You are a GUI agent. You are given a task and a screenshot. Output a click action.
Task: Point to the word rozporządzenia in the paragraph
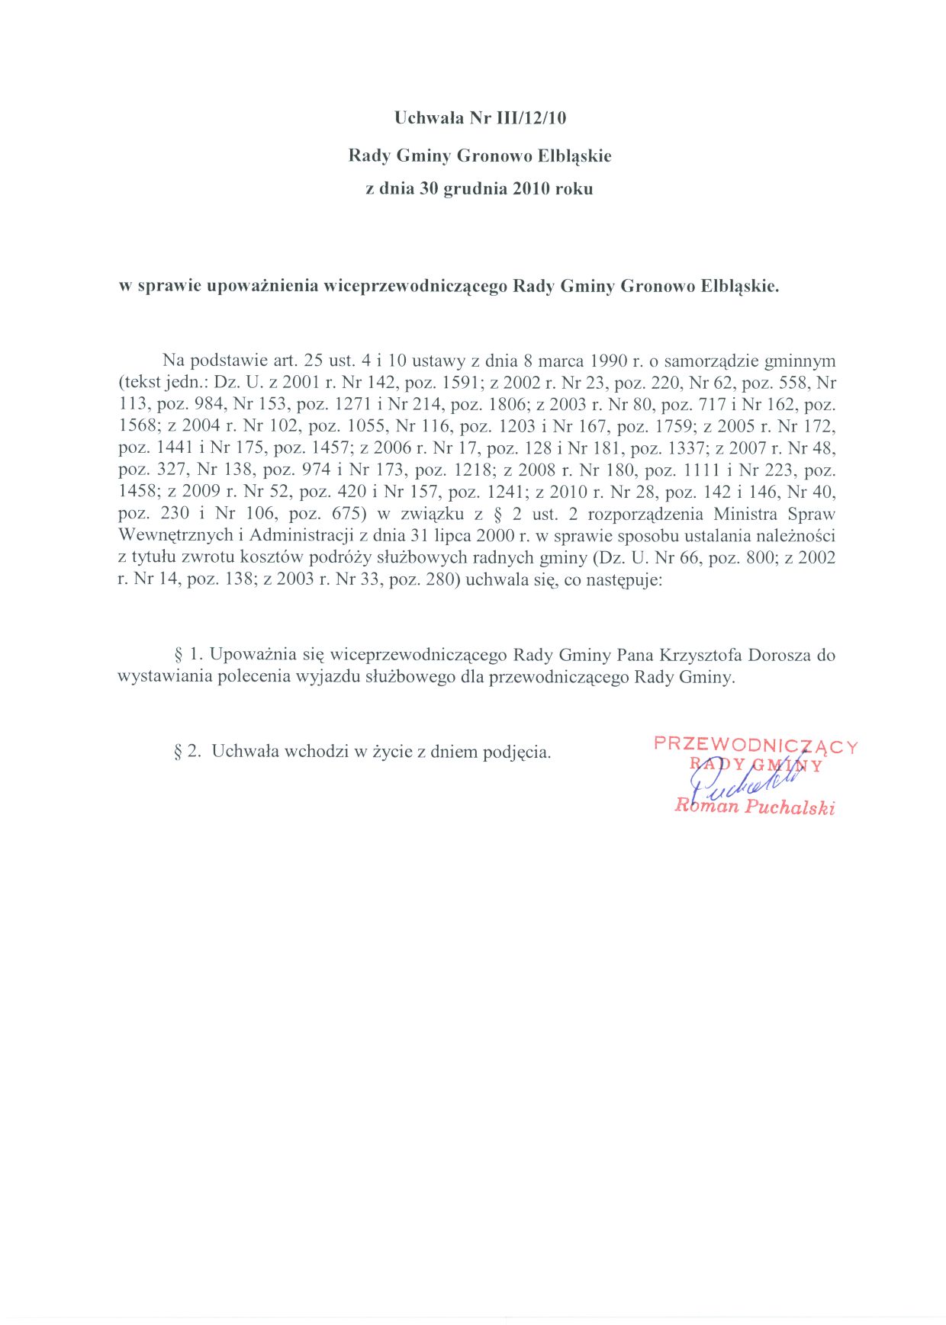click(x=648, y=514)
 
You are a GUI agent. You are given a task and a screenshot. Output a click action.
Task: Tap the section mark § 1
click(x=188, y=655)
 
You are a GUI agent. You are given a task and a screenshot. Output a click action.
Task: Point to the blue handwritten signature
click(x=740, y=781)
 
